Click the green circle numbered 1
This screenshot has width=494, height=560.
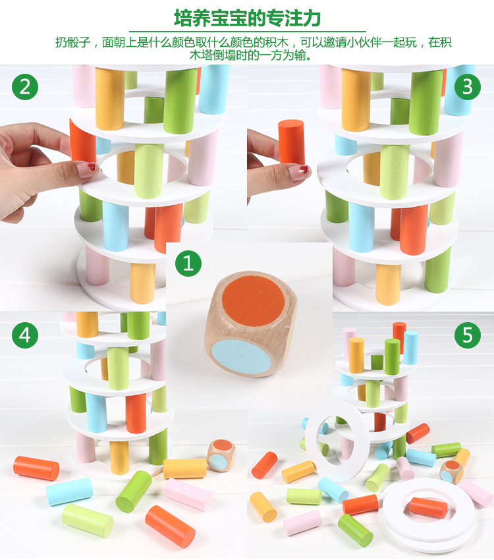[x=188, y=264]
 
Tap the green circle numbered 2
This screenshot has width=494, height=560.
[x=25, y=87]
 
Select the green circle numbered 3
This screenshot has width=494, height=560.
[x=468, y=87]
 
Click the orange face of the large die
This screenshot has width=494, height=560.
[x=254, y=300]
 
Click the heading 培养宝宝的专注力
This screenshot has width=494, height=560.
[x=247, y=18]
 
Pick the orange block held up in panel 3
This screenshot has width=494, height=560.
[x=291, y=142]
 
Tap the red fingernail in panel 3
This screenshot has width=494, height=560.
[x=303, y=169]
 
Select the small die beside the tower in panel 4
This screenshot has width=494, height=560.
[x=222, y=455]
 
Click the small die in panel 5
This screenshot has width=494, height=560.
[x=452, y=472]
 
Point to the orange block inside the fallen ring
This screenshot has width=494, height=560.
[x=428, y=507]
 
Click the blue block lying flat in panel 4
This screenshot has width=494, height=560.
[x=69, y=491]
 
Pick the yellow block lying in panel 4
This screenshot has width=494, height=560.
[x=184, y=469]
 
